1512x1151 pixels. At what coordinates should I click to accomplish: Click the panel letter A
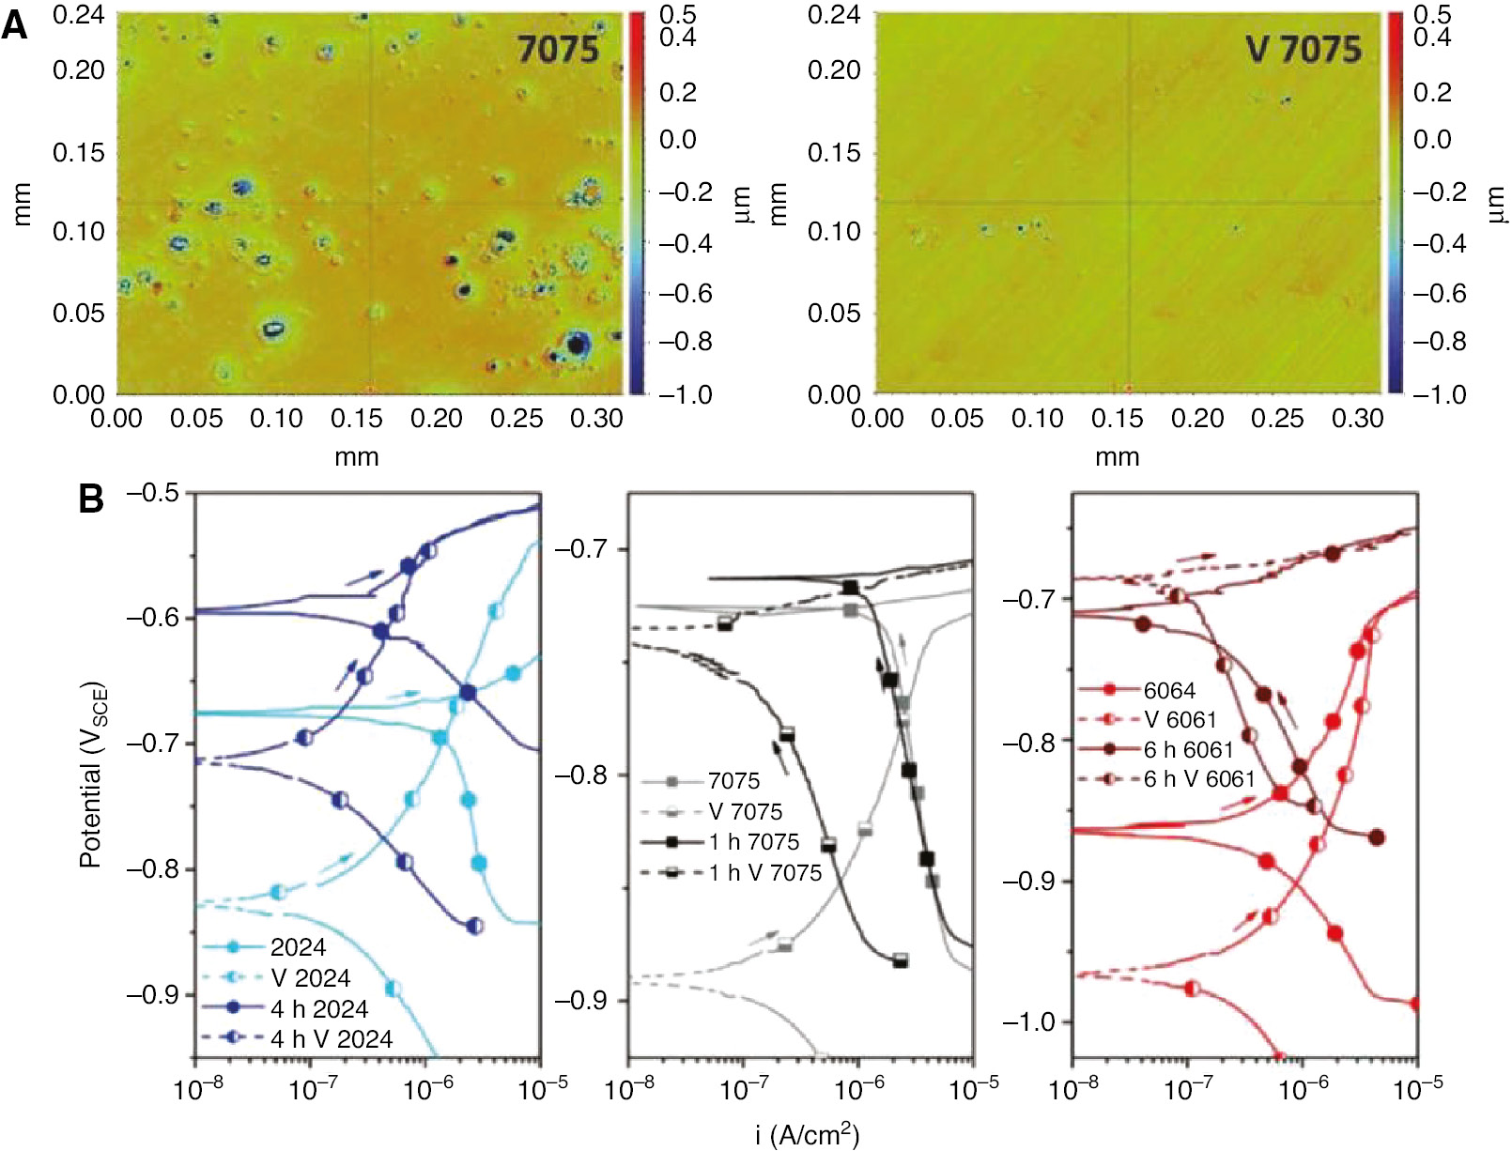click(15, 25)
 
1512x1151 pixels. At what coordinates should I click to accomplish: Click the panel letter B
click(91, 499)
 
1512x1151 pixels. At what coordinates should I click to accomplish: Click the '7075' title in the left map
click(558, 49)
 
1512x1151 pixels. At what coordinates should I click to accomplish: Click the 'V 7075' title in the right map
click(1304, 49)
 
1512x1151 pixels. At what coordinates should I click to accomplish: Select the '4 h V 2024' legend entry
click(332, 1038)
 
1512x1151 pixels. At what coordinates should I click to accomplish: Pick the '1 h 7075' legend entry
click(754, 841)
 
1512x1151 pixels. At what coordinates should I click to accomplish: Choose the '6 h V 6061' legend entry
click(1198, 778)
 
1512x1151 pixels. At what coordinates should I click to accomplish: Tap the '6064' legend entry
click(1169, 690)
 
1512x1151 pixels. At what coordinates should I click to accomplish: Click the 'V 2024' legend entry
click(310, 977)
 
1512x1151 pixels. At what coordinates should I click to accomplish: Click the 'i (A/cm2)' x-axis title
click(807, 1134)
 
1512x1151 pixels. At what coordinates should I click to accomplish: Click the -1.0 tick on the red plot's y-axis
click(1029, 1021)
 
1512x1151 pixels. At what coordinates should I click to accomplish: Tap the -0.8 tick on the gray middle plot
click(584, 775)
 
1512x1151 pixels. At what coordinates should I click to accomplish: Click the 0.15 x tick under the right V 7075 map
click(1118, 418)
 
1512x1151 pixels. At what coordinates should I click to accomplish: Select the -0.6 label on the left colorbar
click(686, 293)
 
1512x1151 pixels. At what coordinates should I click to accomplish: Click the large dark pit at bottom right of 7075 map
click(576, 344)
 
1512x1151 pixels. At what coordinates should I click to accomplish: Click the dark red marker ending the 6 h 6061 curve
click(1377, 837)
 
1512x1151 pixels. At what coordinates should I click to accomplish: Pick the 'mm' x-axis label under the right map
click(1117, 457)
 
